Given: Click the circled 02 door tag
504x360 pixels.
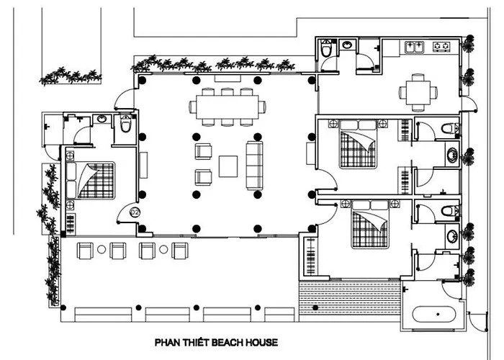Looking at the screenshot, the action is (135, 212).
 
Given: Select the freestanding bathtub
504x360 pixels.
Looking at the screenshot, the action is (434, 314).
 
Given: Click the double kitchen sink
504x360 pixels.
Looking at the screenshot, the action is (414, 47).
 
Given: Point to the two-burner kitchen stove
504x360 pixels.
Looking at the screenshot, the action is (441, 47).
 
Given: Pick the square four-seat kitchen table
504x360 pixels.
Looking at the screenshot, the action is (418, 93).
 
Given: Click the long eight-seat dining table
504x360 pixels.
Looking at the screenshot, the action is (228, 107).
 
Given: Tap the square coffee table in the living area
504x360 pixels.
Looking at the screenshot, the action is (228, 166).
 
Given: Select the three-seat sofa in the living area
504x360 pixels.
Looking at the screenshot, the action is (255, 165).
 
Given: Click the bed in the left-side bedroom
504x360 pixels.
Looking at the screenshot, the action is (90, 181).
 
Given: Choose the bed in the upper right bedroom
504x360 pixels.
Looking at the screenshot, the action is (358, 144).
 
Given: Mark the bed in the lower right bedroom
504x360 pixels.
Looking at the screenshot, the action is (370, 224).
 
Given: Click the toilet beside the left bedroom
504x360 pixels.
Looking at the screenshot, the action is (125, 124).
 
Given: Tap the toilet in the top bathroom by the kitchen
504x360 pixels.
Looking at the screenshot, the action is (327, 49).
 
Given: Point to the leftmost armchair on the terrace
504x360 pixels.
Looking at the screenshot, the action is (85, 251).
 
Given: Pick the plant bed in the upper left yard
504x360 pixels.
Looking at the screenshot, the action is (71, 76).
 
